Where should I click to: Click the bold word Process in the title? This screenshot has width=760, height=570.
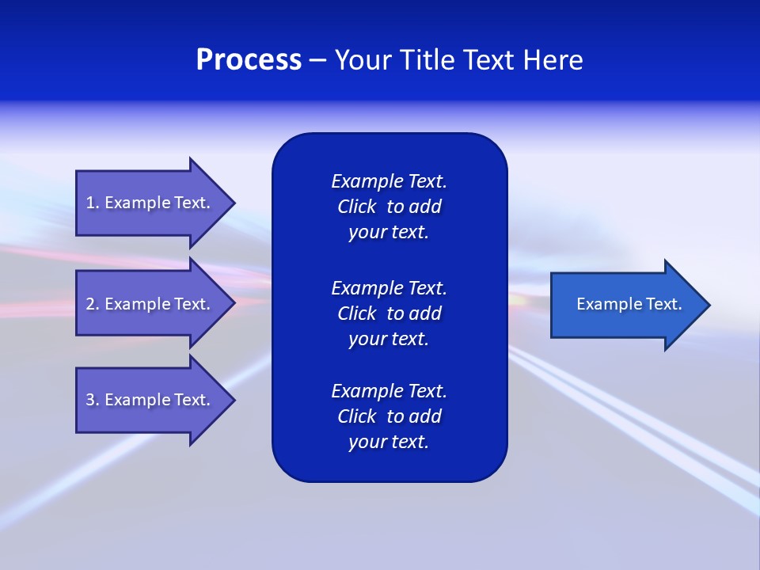coord(249,60)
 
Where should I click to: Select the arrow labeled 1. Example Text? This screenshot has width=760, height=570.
coord(150,203)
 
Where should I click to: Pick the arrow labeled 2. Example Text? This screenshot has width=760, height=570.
coord(150,304)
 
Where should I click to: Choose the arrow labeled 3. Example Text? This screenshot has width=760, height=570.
coord(150,400)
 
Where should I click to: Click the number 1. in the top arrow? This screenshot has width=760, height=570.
coord(93,203)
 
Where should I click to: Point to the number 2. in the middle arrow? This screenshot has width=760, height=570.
coord(93,304)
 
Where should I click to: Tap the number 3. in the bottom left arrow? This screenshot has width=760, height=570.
coord(93,400)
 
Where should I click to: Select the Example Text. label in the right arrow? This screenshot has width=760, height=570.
coord(629,304)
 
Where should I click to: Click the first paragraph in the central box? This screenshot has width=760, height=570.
coord(389,207)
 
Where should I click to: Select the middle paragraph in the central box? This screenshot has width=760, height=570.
coord(389,313)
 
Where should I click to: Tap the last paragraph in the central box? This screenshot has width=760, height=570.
coord(389,416)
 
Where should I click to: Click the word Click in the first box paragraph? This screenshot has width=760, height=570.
coord(356,207)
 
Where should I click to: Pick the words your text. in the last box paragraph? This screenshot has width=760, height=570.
coord(389,442)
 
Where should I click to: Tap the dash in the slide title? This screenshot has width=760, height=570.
coord(318,60)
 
